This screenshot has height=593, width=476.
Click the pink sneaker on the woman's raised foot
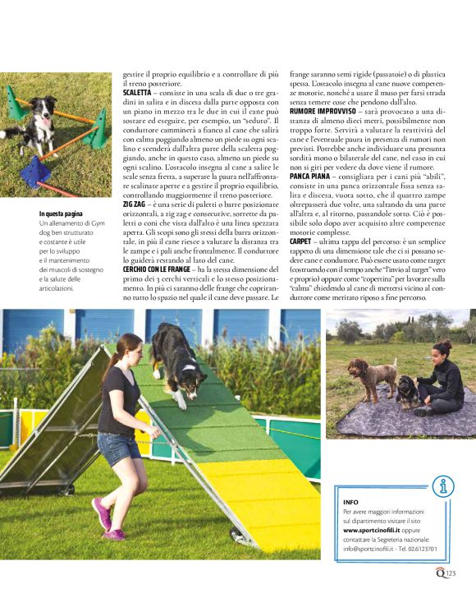pos(102,514)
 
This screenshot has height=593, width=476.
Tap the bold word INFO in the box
pos(351,501)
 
